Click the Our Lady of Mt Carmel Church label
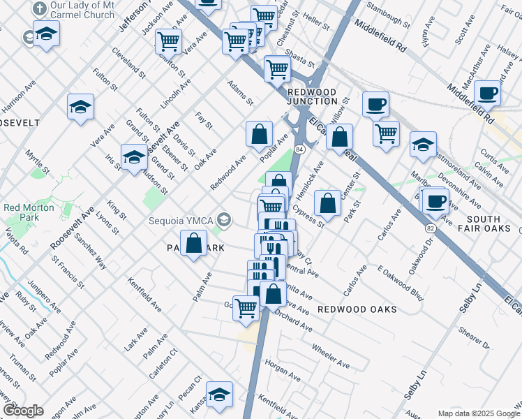[x=82, y=10]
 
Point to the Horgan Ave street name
[x=282, y=370]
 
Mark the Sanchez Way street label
[x=91, y=251]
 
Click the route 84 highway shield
[x=299, y=149]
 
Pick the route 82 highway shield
[x=431, y=228]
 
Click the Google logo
[x=23, y=411]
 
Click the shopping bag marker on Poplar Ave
[x=259, y=133]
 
